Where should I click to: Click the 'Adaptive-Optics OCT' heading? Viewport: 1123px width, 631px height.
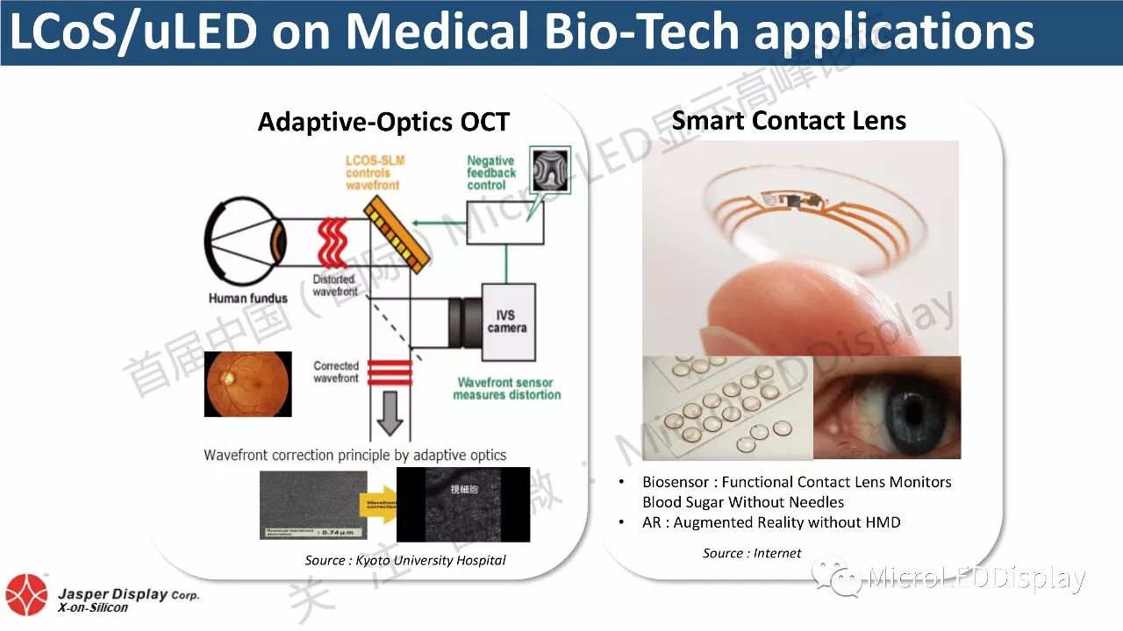point(383,122)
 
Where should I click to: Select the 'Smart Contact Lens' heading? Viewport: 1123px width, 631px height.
point(789,120)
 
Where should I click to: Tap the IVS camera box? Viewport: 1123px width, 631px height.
point(507,322)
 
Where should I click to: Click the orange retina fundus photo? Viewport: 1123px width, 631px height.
point(247,384)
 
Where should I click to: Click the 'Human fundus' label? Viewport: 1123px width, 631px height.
point(247,298)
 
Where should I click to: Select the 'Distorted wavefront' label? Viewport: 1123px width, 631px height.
point(335,286)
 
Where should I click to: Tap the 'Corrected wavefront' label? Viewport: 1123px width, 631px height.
point(336,372)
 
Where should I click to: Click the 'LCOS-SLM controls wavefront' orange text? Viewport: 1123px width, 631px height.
point(372,173)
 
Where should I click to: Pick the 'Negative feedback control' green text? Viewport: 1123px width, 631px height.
point(491,173)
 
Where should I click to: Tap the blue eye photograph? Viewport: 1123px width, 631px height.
point(887,407)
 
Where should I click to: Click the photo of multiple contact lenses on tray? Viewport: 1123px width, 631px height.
point(727,408)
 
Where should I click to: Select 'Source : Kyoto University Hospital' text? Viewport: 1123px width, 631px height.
point(405,560)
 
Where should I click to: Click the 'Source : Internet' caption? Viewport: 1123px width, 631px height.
point(752,552)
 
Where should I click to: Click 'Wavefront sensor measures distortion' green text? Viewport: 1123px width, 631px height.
point(507,388)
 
